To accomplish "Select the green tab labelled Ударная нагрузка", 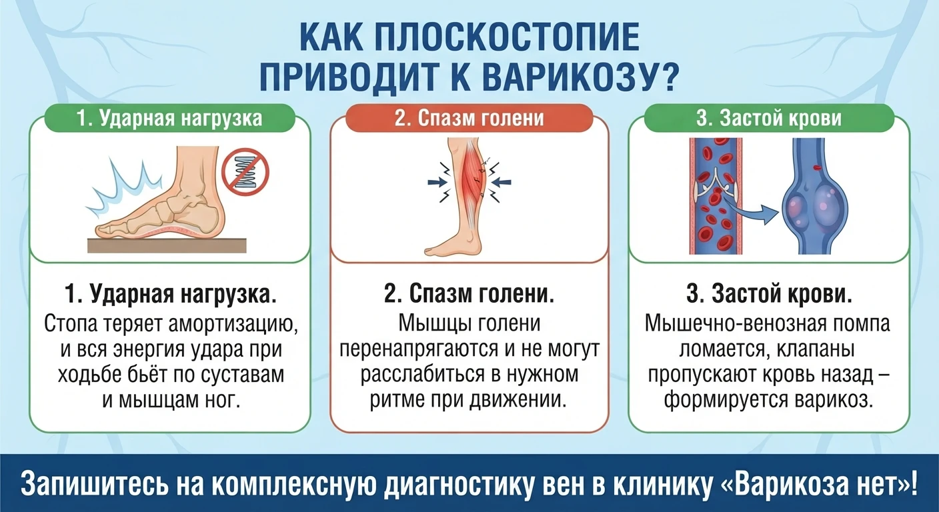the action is [x=170, y=118].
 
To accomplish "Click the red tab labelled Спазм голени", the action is [x=469, y=118].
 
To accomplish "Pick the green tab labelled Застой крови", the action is [x=769, y=118].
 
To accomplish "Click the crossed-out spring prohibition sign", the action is [x=245, y=172].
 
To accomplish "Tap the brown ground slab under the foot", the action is [x=167, y=245].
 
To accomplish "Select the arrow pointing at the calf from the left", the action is [x=437, y=182].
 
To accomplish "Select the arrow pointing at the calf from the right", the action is [x=502, y=182].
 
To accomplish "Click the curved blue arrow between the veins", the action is [x=750, y=209].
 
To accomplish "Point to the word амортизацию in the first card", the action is [x=233, y=323].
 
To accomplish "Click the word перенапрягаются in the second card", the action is [x=419, y=349].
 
